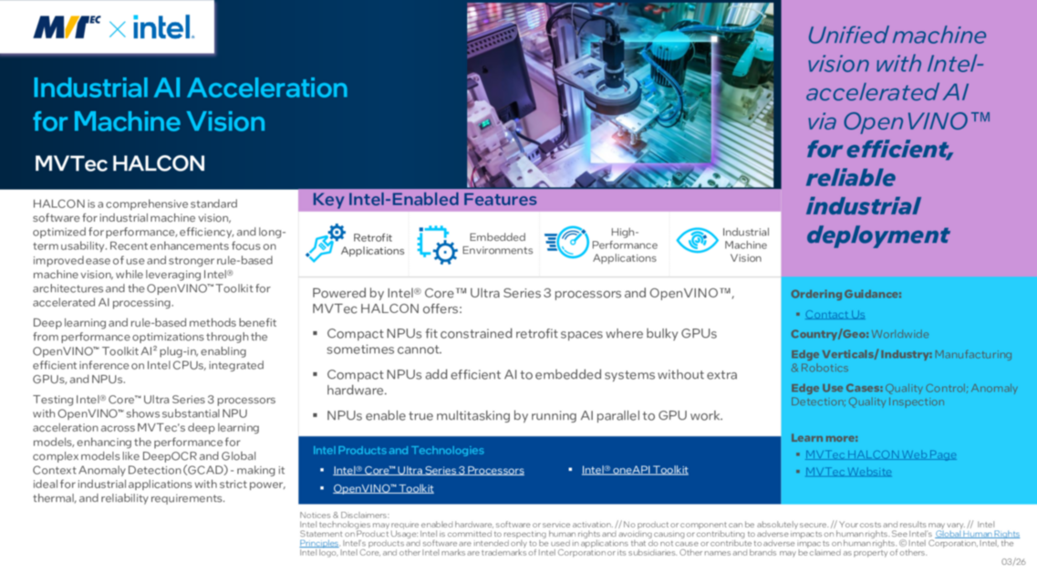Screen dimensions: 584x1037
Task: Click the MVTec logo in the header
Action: coord(67,27)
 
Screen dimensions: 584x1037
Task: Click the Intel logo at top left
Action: coord(163,27)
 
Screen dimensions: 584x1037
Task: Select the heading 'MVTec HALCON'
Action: coord(119,164)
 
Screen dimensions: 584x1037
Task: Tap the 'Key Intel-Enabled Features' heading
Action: coord(424,200)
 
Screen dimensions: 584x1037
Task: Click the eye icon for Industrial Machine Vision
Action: coord(696,241)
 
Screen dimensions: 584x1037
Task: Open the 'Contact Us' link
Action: coord(835,314)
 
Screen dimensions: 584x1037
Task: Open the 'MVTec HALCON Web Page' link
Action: coord(880,454)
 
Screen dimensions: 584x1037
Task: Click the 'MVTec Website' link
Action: coord(848,472)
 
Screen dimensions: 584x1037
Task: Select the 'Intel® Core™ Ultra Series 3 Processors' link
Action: coord(429,471)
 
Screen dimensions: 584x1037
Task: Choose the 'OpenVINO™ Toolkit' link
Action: coord(383,489)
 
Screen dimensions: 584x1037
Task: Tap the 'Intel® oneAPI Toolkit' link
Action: coord(635,470)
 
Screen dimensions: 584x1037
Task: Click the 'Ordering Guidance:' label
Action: coord(845,295)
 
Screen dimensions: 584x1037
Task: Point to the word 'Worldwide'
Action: coord(900,334)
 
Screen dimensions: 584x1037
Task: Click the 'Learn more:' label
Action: coord(824,438)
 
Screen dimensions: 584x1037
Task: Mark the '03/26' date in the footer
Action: coord(1012,562)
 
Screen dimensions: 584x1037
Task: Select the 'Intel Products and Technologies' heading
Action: coord(398,451)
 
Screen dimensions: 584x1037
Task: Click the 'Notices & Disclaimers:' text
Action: coord(344,516)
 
